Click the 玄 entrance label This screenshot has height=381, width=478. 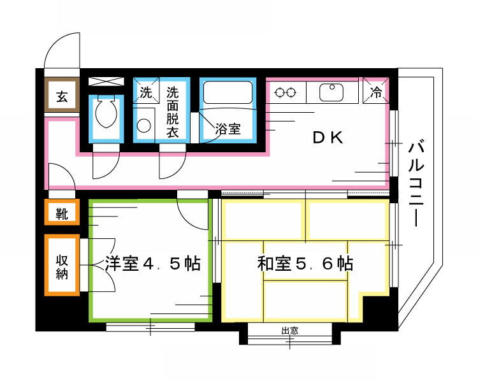(x=62, y=97)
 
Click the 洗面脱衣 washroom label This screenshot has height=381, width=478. (x=172, y=112)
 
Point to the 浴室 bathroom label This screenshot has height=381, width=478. (x=228, y=129)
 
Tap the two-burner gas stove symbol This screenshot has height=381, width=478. (x=285, y=93)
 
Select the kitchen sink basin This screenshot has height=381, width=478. (x=331, y=93)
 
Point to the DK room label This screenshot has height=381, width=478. (x=328, y=138)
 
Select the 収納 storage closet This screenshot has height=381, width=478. (x=62, y=264)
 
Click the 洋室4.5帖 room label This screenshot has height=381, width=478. (x=152, y=263)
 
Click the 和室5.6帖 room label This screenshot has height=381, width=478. (x=305, y=263)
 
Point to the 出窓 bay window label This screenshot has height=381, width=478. (x=290, y=331)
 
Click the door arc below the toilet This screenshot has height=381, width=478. (x=102, y=167)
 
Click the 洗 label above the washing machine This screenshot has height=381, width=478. (x=146, y=93)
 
